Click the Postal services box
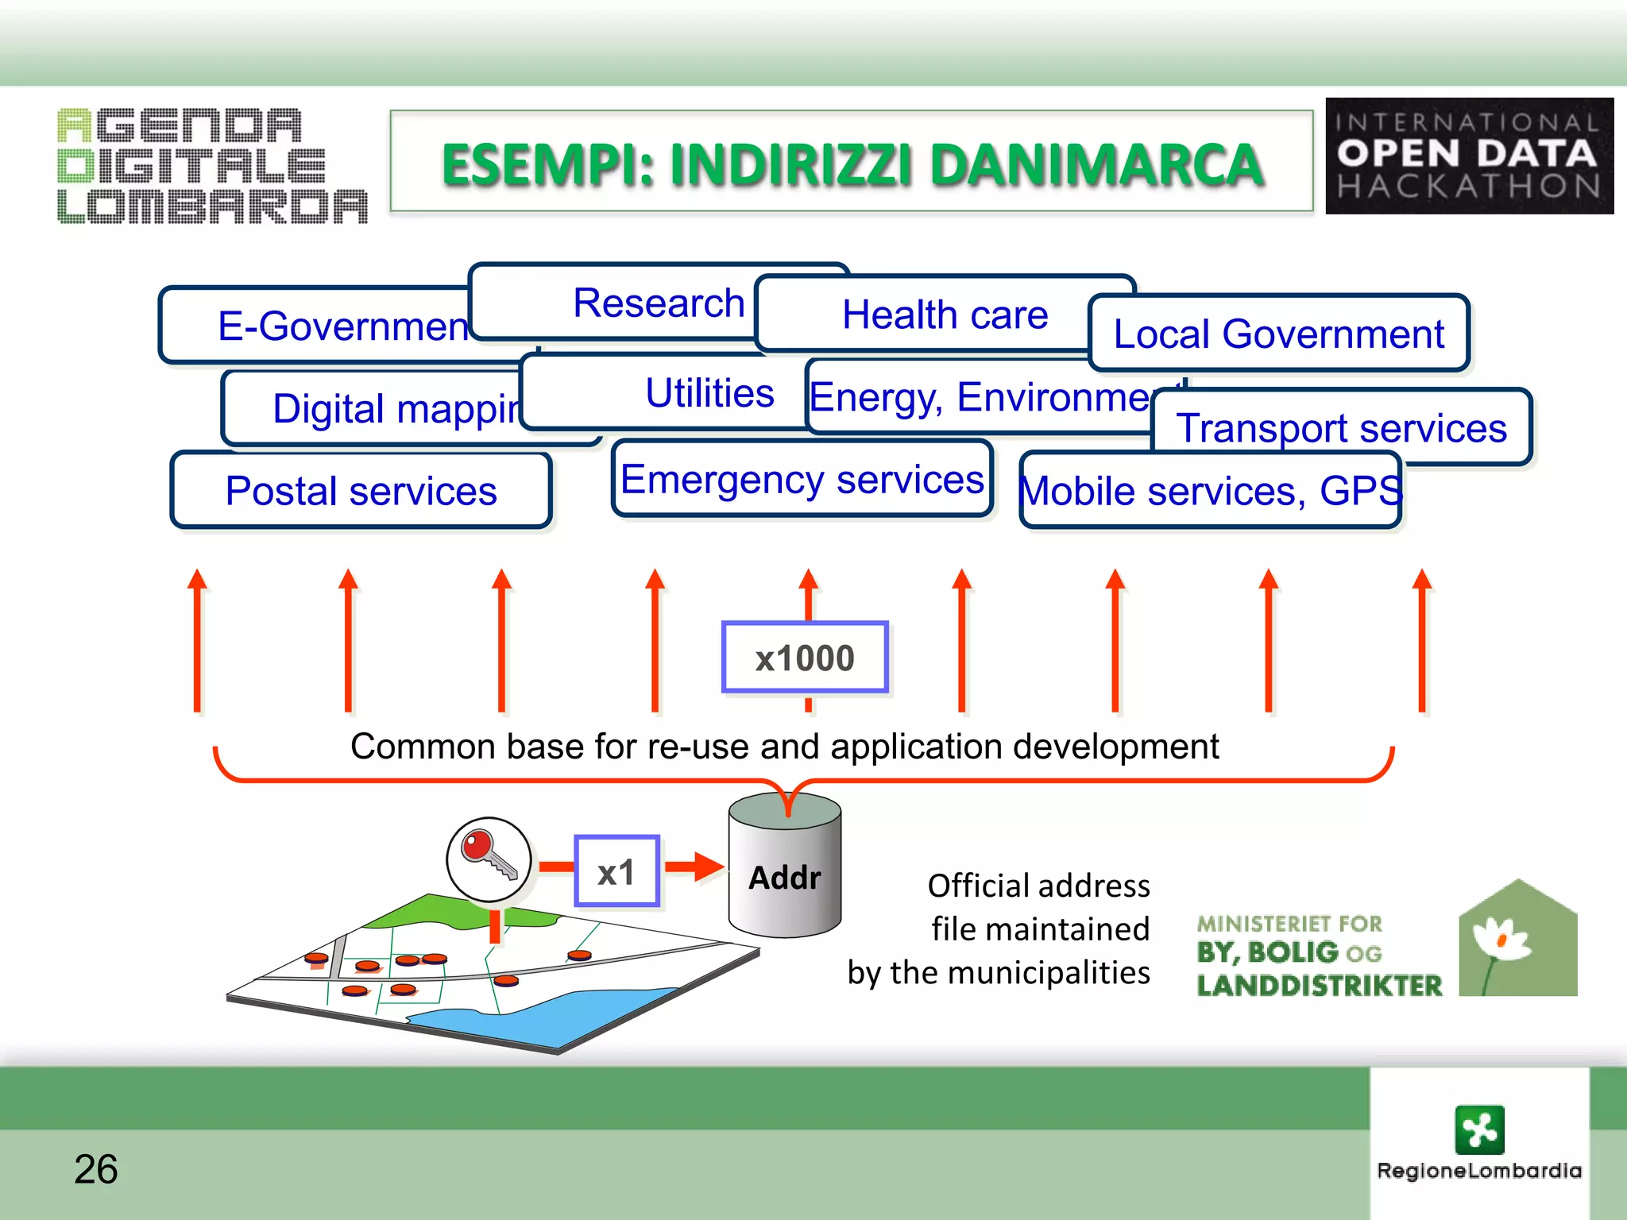(361, 490)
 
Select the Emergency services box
(802, 479)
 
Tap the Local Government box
(1278, 334)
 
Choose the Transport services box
(1341, 427)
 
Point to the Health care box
(945, 315)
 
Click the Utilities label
(709, 393)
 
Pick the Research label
(659, 303)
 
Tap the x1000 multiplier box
(805, 658)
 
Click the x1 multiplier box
(616, 871)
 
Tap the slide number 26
(96, 1169)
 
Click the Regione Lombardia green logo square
(1479, 1129)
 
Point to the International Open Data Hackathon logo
(1469, 156)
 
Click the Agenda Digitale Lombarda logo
(212, 165)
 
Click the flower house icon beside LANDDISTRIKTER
(1517, 940)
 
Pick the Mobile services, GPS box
(1210, 491)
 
